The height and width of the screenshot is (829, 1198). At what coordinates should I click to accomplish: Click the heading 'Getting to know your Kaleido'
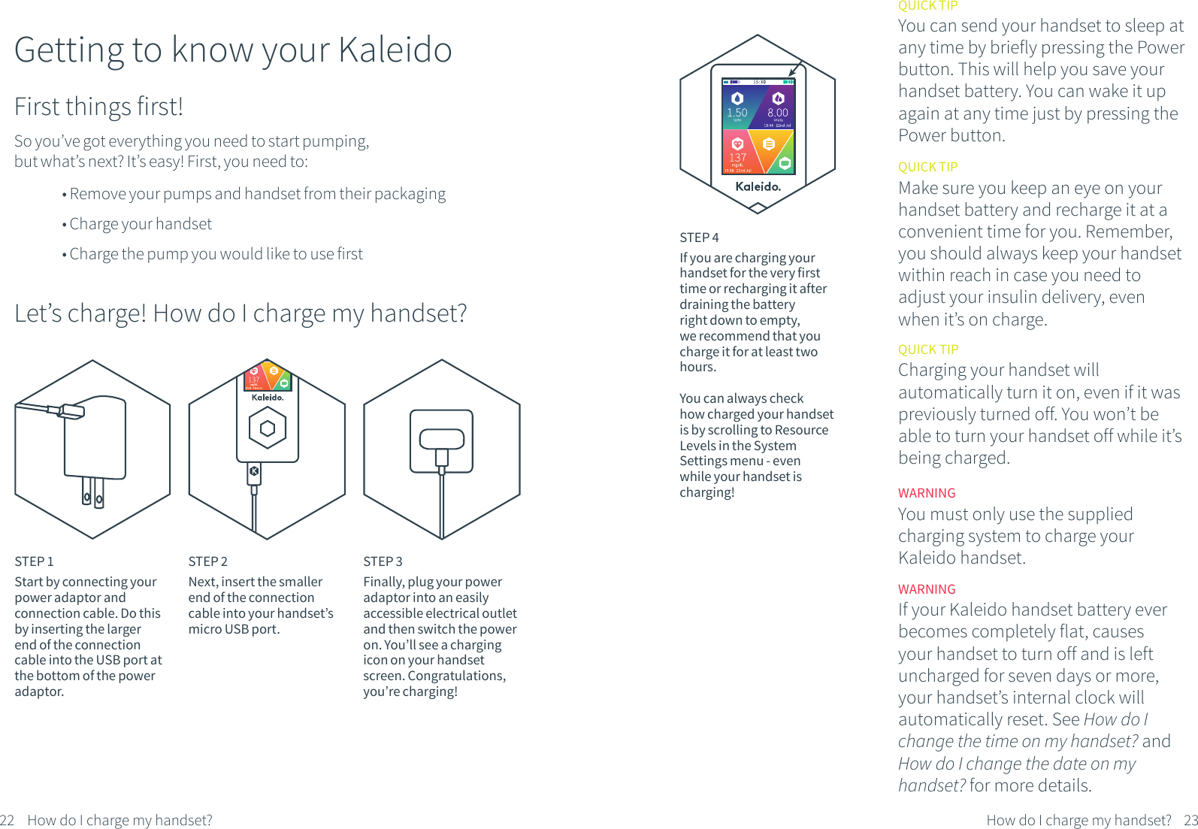coord(233,50)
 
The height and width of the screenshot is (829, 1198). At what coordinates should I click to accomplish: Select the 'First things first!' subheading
coord(98,107)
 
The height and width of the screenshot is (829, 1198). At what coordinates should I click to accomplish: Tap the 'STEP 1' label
coord(34,561)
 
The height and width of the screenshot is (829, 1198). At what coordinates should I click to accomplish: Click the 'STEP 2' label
coord(207,561)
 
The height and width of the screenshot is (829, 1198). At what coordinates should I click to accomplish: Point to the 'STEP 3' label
coord(383,561)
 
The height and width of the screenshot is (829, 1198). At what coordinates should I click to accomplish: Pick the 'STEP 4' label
coord(699,238)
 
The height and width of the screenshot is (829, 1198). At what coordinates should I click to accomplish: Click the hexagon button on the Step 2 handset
coord(267,428)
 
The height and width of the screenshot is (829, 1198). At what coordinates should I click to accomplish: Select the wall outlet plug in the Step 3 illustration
coord(441,440)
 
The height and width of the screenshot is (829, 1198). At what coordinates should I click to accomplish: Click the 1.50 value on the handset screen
coord(737,113)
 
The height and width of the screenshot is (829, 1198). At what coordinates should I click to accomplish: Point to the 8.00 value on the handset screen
coord(778,113)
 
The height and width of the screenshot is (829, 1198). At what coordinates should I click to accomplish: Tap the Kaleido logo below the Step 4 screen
coord(758,186)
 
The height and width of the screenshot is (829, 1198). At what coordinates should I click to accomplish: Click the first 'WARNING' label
coord(927,493)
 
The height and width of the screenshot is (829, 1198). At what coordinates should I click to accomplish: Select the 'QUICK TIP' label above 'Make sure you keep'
coord(927,167)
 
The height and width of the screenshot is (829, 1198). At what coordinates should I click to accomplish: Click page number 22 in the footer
coord(8,820)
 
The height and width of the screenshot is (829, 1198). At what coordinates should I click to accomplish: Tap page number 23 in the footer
coord(1190,820)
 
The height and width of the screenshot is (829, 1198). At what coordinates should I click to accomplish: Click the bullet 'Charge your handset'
coord(141,224)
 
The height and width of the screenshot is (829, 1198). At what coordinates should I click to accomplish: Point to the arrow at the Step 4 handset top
coord(794,69)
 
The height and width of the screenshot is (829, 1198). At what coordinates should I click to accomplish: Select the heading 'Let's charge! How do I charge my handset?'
coord(241,313)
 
